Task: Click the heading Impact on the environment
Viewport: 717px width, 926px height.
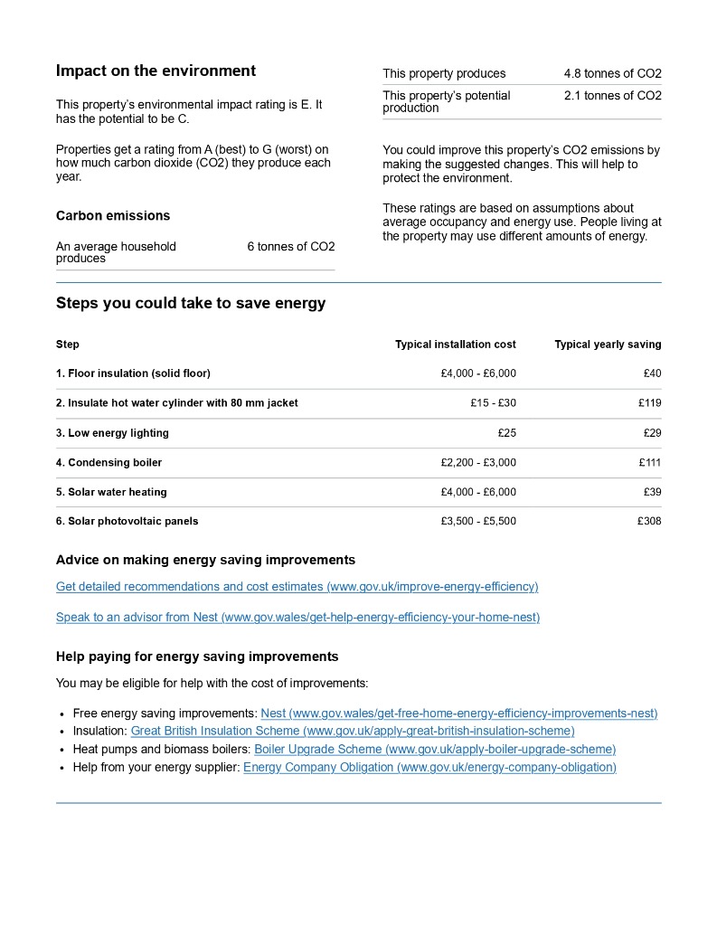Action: tap(156, 71)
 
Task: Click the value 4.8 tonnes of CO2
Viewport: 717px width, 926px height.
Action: tap(612, 73)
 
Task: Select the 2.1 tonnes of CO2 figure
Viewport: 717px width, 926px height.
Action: tap(612, 96)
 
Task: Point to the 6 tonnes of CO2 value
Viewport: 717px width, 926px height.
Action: tap(290, 247)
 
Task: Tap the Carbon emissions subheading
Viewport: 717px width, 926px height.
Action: tap(113, 215)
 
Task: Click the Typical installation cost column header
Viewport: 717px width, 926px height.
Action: tap(456, 345)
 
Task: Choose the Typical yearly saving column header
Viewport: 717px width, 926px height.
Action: tap(608, 345)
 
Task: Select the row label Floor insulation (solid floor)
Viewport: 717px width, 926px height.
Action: tap(133, 373)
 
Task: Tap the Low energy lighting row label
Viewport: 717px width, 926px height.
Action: tap(112, 433)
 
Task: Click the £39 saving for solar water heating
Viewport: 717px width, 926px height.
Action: tap(652, 492)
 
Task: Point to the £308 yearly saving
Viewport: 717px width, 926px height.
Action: tap(649, 522)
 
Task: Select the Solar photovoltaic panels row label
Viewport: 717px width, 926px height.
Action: tap(127, 522)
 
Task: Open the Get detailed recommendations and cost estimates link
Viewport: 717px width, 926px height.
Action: tap(297, 587)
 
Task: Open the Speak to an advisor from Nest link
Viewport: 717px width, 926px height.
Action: tap(297, 618)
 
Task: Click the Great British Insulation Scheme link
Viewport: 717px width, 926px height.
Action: tap(353, 731)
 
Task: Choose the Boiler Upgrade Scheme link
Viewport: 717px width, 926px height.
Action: tap(435, 749)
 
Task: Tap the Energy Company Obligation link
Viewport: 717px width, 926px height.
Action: tap(429, 767)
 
